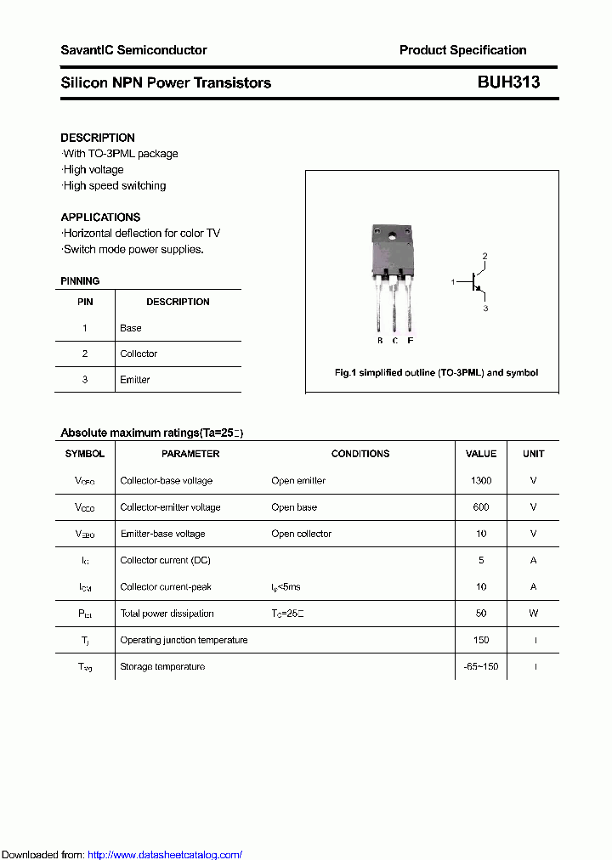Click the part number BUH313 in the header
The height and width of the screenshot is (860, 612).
point(508,82)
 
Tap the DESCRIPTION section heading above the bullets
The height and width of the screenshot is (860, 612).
point(98,138)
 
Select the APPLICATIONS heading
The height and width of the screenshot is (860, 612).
point(100,217)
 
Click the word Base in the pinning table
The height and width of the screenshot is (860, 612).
point(131,328)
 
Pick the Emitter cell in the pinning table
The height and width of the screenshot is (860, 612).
point(135,380)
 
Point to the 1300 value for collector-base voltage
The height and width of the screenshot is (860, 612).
point(480,481)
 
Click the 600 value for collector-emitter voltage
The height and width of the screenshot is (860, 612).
point(480,507)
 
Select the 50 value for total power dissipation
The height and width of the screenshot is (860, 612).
point(480,614)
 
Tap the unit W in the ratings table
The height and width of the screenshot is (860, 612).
point(533,614)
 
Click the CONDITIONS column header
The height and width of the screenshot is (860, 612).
point(360,454)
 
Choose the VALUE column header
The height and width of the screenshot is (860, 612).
point(481,454)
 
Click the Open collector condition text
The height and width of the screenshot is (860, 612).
point(301,534)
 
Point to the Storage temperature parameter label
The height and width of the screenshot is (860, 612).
point(162,667)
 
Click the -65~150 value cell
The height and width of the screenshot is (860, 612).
point(480,667)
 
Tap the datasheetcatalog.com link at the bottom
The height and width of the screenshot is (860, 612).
point(165,855)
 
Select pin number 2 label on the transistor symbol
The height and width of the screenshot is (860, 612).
point(485,256)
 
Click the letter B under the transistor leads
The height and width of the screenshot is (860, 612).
point(379,341)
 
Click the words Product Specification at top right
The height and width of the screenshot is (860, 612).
point(462,50)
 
